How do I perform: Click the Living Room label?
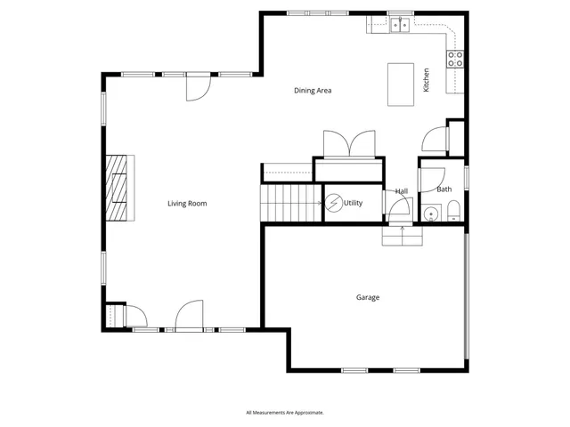coord(187,204)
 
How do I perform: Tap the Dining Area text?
coord(313,90)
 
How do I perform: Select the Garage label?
coord(368,297)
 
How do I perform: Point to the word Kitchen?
coord(427,80)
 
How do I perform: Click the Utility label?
coord(354,204)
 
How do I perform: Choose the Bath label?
coord(444,189)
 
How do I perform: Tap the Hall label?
coord(402,191)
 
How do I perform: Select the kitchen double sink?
coord(400,26)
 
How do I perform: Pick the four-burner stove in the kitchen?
coord(455,60)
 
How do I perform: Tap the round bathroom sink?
coord(431,213)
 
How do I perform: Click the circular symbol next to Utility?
coord(333,204)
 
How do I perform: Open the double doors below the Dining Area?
coord(349,144)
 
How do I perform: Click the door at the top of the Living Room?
coord(197,87)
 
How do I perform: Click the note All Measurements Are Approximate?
coord(285,413)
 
